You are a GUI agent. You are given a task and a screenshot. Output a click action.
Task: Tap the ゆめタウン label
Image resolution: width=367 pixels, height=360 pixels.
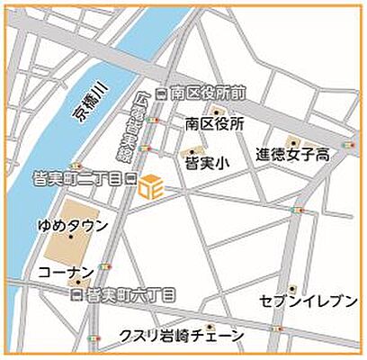pos(73,224)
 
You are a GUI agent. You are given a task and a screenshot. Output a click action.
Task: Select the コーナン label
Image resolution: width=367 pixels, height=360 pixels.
pos(67,270)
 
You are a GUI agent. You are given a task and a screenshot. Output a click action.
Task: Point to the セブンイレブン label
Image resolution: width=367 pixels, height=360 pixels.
pos(309,301)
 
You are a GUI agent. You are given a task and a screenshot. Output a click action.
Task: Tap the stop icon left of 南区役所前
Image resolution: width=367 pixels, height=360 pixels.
pos(162,92)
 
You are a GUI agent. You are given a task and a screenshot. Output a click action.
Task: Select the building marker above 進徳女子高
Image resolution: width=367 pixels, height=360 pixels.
pos(292,140)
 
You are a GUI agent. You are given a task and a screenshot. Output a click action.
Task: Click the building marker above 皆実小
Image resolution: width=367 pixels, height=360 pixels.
pos(191,148)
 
